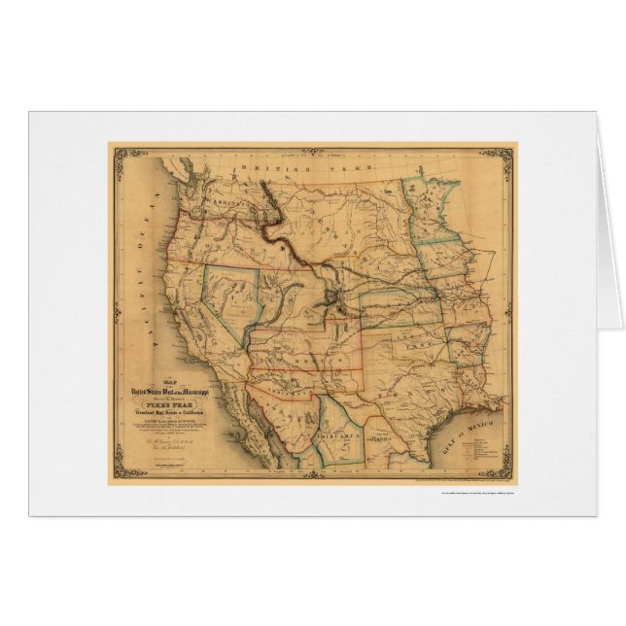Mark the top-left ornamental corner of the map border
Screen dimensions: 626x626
tap(116, 152)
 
